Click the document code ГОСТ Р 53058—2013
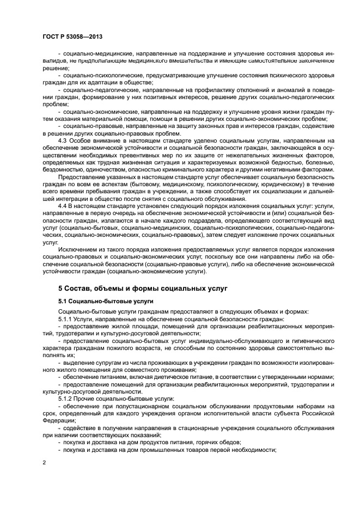point(72,36)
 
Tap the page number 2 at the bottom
point(44,462)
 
